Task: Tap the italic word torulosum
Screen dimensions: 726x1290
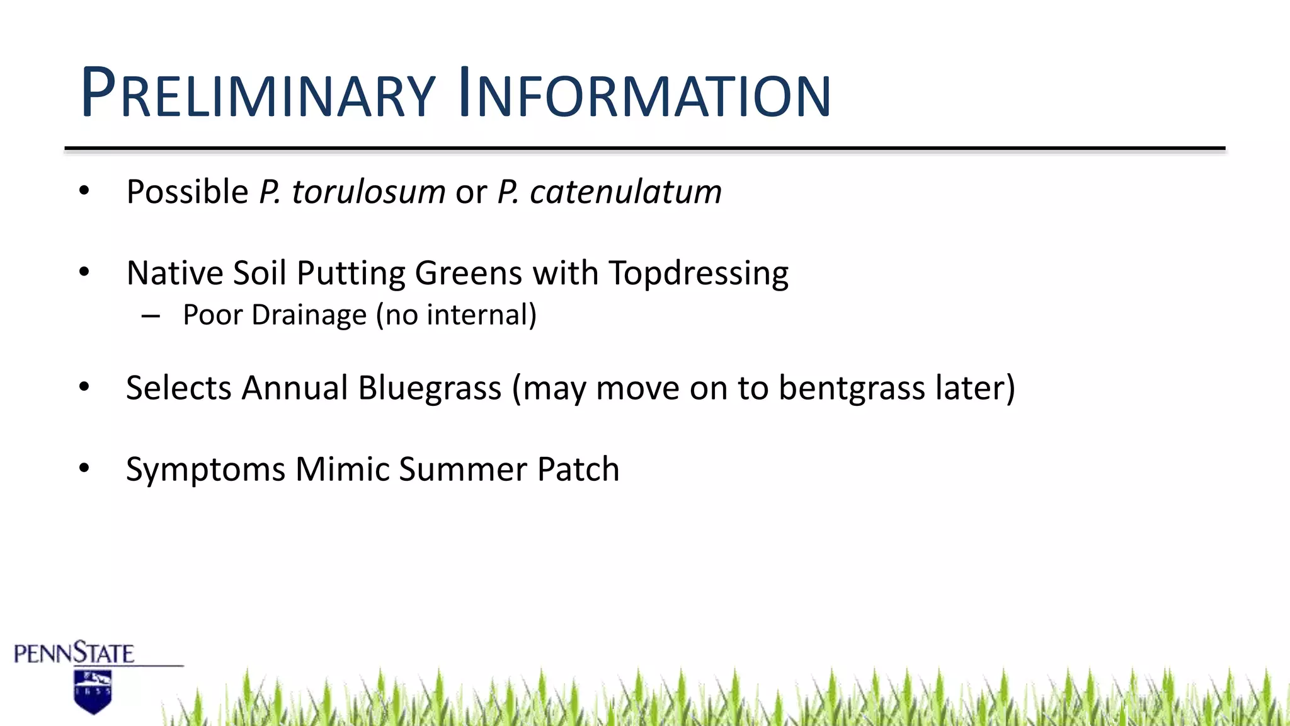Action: click(368, 192)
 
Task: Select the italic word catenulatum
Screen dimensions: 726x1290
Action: click(625, 192)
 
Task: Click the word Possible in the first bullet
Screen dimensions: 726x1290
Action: click(187, 192)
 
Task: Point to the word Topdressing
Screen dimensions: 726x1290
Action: click(699, 274)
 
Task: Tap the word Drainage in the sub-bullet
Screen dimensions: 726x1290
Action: click(309, 314)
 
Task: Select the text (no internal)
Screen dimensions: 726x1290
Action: click(457, 314)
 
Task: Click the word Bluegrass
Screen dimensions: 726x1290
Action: click(430, 388)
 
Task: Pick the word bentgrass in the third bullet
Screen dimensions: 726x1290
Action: click(852, 388)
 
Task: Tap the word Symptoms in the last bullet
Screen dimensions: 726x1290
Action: click(205, 470)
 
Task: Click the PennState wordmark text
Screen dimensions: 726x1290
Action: click(74, 654)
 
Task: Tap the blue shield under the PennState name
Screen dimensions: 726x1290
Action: click(93, 691)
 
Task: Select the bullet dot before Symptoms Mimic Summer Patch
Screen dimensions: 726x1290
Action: click(84, 468)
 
